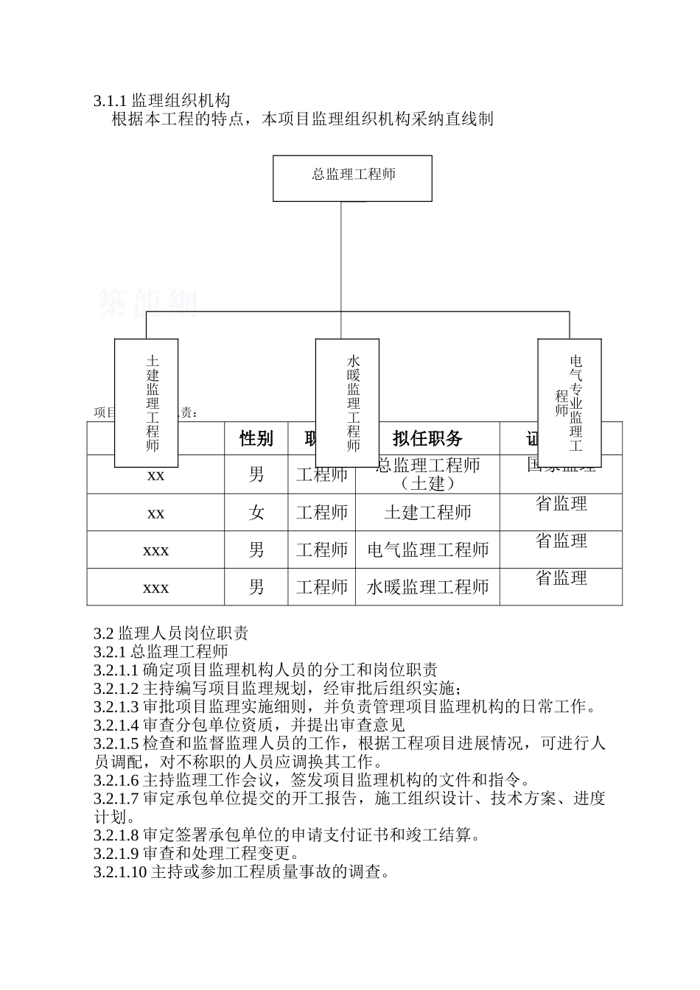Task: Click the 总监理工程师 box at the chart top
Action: click(352, 178)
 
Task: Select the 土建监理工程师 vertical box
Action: click(146, 402)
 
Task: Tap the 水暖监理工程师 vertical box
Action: click(347, 402)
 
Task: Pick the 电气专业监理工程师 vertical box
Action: click(569, 402)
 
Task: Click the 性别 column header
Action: click(256, 439)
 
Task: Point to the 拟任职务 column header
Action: click(427, 439)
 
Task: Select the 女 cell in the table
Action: click(256, 513)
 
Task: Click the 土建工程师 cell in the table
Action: click(427, 513)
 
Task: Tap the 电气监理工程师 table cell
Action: click(427, 550)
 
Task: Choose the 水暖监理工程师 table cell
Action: click(427, 587)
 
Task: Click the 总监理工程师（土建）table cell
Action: click(427, 474)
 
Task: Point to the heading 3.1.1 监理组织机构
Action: click(162, 101)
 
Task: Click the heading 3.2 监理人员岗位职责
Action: click(171, 633)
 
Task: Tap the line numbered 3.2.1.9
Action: click(196, 854)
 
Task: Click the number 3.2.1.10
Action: click(121, 873)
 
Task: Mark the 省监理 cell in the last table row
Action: click(561, 578)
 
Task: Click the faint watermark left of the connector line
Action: click(147, 303)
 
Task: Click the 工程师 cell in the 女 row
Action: click(321, 513)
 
